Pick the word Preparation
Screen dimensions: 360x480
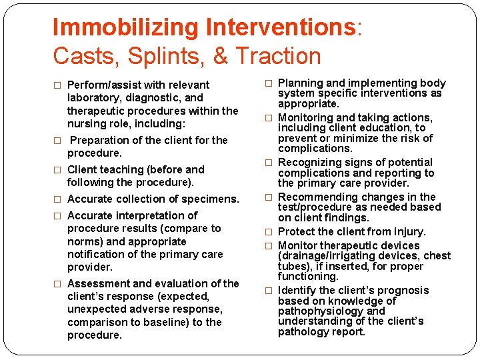click(104, 140)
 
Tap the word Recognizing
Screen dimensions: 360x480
click(310, 162)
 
